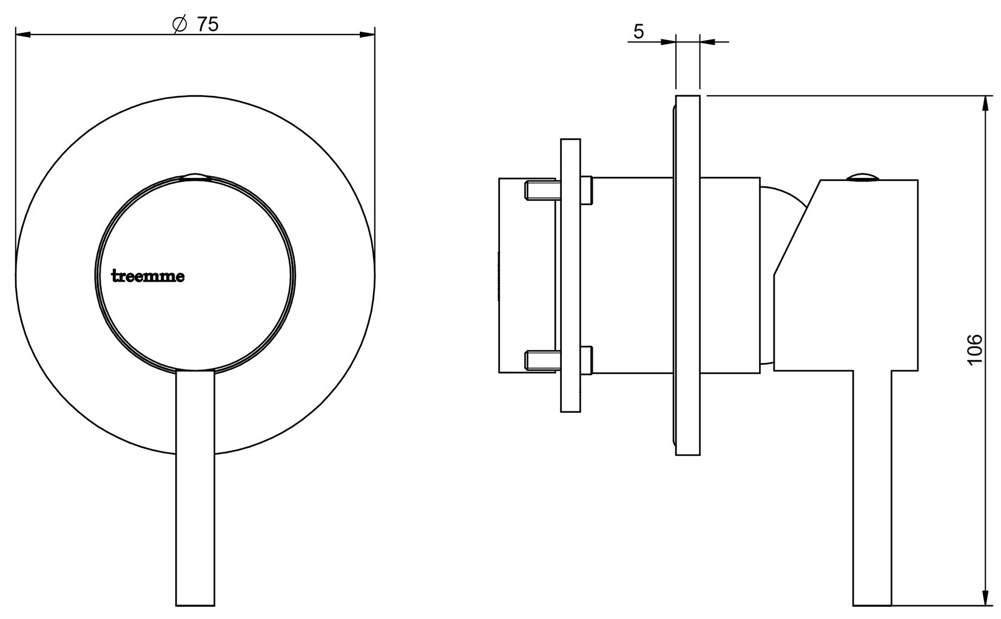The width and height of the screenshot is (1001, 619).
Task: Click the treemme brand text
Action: (149, 277)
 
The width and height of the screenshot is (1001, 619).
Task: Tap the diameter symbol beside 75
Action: (179, 25)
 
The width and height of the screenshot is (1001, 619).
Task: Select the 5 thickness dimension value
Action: (639, 32)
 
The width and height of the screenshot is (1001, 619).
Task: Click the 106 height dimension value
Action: (974, 349)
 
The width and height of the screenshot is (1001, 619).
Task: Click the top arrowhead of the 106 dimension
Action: (985, 103)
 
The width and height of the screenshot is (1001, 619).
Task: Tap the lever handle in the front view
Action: (195, 485)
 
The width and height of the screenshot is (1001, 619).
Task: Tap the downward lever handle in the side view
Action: (872, 485)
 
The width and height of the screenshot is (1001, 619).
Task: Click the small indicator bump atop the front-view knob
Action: (195, 177)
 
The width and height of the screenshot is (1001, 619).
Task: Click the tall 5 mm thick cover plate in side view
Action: (687, 273)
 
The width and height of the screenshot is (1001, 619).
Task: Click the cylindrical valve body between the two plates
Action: (631, 273)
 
